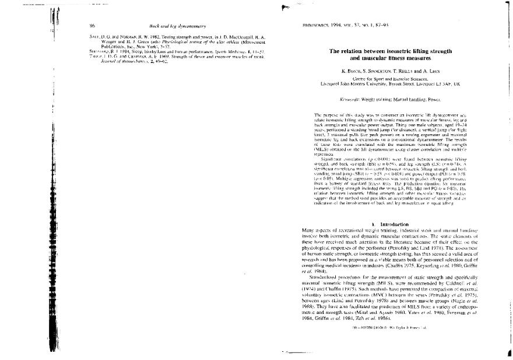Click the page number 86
pos(92,26)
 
